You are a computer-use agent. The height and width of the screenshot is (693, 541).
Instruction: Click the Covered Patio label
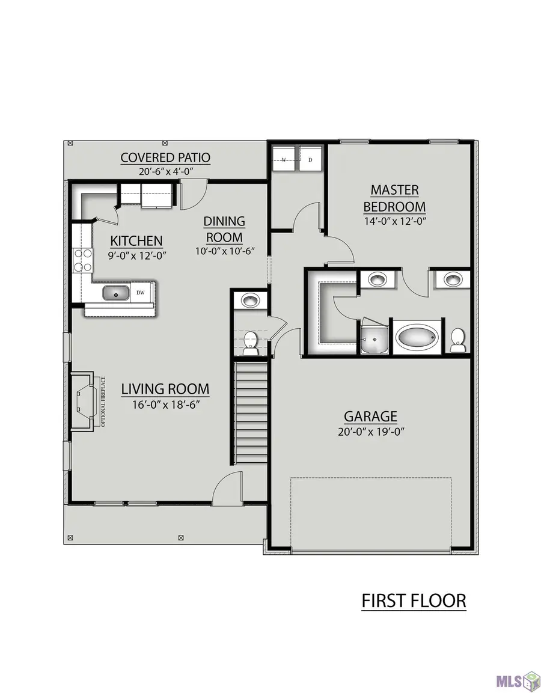click(x=165, y=158)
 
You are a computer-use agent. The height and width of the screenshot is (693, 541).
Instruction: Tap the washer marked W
click(x=284, y=158)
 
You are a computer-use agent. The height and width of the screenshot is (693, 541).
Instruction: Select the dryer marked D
click(x=310, y=158)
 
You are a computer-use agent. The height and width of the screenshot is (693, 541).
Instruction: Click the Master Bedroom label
click(x=394, y=198)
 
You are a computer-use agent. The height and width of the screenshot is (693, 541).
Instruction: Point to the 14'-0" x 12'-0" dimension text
click(x=395, y=221)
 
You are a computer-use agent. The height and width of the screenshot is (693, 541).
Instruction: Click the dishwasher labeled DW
click(x=141, y=292)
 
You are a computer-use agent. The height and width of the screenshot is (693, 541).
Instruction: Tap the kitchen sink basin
click(x=116, y=293)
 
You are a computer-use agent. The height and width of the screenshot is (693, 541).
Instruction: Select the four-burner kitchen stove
click(x=83, y=260)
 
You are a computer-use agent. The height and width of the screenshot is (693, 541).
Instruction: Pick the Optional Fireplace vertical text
click(x=103, y=401)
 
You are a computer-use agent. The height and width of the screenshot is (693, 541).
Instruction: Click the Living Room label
click(x=165, y=389)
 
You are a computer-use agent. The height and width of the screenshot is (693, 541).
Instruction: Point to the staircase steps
click(x=251, y=412)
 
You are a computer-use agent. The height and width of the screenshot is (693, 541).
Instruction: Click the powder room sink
click(x=249, y=301)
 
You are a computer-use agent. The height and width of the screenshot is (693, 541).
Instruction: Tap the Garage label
click(x=370, y=417)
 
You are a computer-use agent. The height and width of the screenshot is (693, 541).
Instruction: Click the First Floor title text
click(x=414, y=601)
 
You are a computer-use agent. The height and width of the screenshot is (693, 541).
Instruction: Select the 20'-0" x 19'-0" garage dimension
click(x=371, y=432)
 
